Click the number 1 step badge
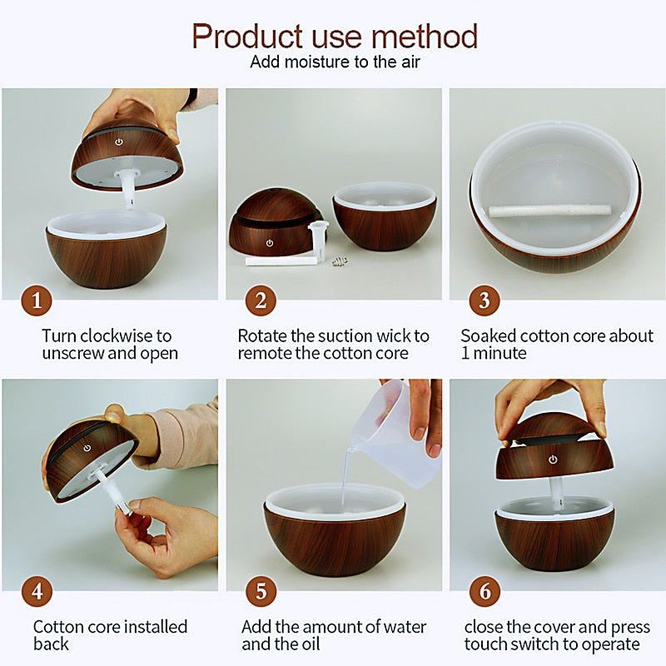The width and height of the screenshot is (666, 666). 37,301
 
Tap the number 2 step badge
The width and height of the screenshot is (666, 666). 261,301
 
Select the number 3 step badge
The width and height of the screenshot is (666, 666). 485,301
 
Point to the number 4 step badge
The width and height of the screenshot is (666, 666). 37,591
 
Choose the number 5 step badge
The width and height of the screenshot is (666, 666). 261,591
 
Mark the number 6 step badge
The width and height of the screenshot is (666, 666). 485,591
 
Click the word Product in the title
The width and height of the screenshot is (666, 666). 247,36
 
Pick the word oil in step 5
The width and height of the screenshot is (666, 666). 310,644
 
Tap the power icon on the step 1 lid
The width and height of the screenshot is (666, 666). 119,142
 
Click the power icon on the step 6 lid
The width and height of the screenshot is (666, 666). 553,460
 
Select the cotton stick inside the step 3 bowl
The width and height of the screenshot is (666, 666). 550,211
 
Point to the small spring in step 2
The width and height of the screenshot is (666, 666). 340,261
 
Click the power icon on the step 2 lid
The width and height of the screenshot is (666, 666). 269,243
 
